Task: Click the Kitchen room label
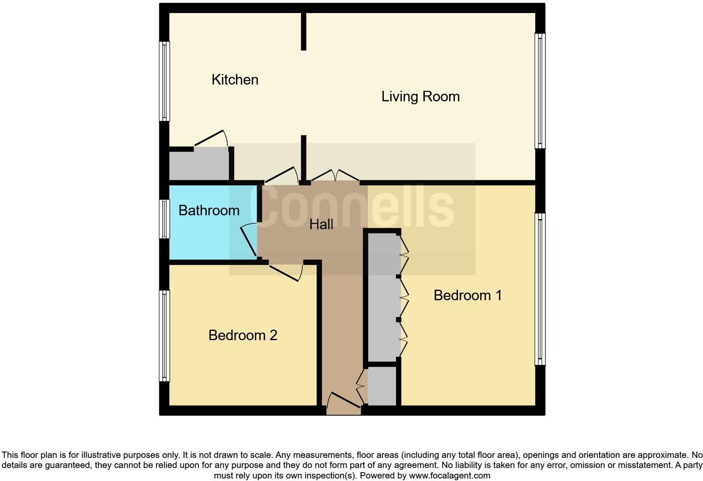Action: [x=235, y=79]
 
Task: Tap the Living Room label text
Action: [x=420, y=96]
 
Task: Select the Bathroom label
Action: [x=209, y=210]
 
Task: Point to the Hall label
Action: [x=321, y=224]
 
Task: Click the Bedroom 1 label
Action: [x=468, y=295]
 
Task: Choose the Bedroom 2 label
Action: [x=243, y=335]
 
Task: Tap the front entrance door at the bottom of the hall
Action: [x=344, y=401]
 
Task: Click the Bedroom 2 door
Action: [x=286, y=272]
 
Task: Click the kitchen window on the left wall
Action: [x=164, y=81]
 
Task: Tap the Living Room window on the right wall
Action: [x=540, y=91]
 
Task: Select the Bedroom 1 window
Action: [x=540, y=289]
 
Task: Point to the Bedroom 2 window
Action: [x=164, y=336]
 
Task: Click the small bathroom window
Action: [x=164, y=219]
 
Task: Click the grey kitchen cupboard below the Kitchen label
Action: [x=199, y=165]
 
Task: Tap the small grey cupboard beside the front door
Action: [x=382, y=386]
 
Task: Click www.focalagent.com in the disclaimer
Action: [x=449, y=476]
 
